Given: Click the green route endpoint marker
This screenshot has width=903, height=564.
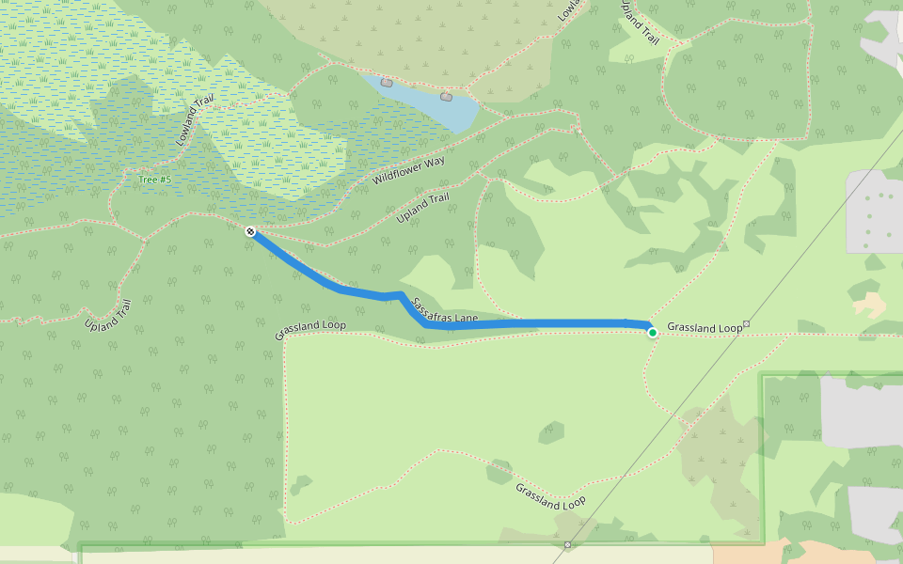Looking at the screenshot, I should click(x=653, y=332).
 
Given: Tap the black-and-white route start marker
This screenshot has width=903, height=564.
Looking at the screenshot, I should click(x=250, y=231).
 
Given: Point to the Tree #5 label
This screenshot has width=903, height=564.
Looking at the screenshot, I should click(x=154, y=180).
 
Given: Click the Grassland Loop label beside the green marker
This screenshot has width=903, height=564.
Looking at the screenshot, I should click(x=705, y=328).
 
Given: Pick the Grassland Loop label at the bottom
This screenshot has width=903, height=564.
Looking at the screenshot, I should click(x=550, y=495).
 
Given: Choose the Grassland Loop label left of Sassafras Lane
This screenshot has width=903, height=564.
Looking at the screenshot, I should click(x=310, y=330).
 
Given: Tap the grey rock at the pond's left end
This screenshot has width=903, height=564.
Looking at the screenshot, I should click(x=387, y=83).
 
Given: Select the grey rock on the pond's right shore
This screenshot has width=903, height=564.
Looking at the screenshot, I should click(x=446, y=96).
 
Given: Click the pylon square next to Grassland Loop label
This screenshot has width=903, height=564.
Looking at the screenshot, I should click(x=746, y=324).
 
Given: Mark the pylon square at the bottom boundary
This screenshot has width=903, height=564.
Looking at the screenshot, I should click(x=567, y=545).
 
